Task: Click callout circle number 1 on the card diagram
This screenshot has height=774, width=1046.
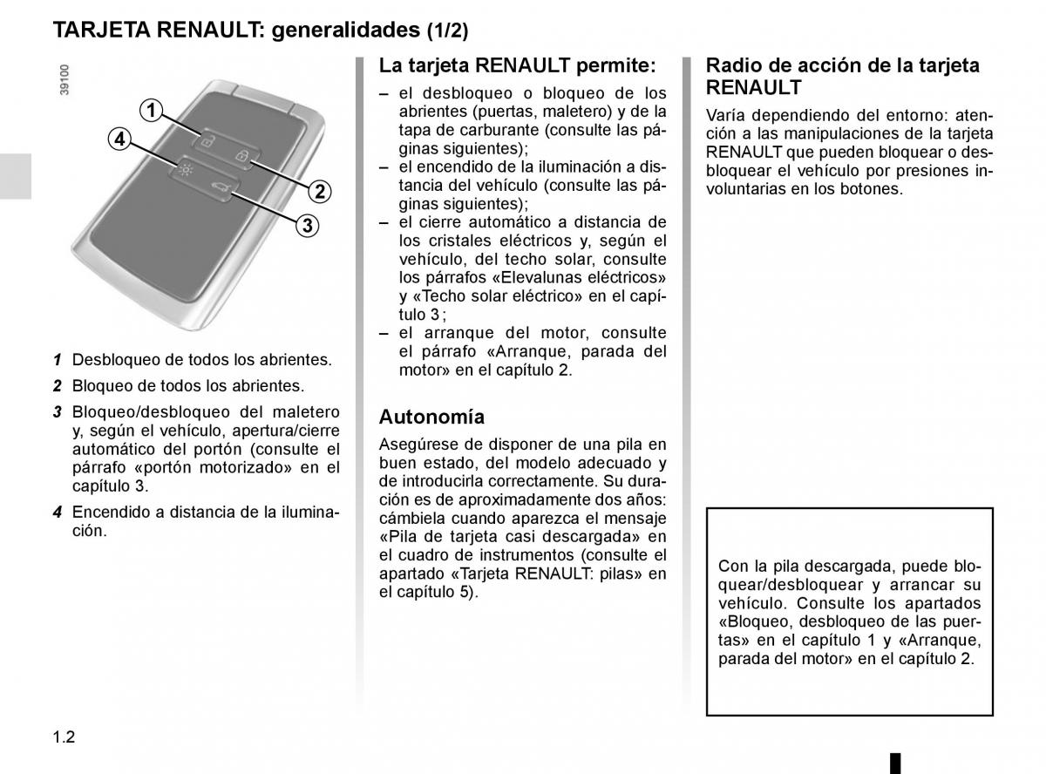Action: click(x=152, y=110)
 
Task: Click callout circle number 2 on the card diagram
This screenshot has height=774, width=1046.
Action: click(x=319, y=192)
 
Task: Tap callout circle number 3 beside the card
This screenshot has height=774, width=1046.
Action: click(x=307, y=227)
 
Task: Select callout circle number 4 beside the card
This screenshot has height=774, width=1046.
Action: click(x=119, y=139)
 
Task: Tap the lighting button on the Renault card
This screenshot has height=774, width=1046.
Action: click(x=184, y=169)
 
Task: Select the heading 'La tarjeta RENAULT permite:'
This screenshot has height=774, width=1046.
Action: click(x=517, y=65)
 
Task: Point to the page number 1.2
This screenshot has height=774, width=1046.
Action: click(x=65, y=737)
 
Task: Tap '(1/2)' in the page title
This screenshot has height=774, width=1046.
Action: click(x=447, y=31)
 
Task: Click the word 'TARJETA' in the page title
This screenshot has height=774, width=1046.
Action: click(x=101, y=31)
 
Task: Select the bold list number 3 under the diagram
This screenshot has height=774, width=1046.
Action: click(x=56, y=412)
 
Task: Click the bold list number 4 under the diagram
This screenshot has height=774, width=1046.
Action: click(x=56, y=513)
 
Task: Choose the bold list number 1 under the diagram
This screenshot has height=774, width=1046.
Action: click(x=56, y=359)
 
